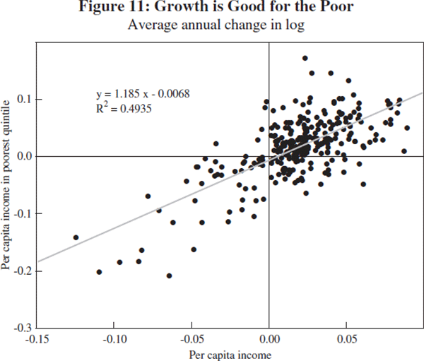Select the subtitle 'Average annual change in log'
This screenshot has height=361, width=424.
coord(212,27)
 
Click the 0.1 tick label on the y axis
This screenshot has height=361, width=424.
coord(25,99)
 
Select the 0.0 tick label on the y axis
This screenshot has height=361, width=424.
coord(25,156)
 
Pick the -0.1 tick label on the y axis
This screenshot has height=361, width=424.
coord(23,213)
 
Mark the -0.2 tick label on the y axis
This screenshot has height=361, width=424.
coord(23,271)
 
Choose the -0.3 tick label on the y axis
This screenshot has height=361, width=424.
coord(23,328)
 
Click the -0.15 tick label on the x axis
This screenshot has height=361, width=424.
coord(36,339)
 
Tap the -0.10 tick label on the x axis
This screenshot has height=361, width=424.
coord(114,339)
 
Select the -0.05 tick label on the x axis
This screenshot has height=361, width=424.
coord(192,339)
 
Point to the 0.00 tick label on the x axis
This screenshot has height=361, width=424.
coord(269,339)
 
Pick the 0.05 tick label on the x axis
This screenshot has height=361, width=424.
coord(346,339)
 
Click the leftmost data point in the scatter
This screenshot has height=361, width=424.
coord(76,237)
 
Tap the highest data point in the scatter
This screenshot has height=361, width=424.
coord(305,58)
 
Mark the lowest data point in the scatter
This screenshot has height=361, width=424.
coord(169,276)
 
